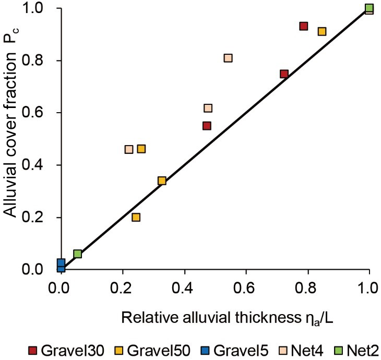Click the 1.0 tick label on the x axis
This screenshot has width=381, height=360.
[x=369, y=287]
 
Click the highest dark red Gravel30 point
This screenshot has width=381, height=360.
[x=304, y=26]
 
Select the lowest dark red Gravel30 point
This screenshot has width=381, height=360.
[x=207, y=126]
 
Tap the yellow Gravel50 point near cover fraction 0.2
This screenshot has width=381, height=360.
[x=136, y=217]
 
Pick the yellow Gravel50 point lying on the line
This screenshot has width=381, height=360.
[x=162, y=181]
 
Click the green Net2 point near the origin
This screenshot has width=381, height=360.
[x=78, y=254]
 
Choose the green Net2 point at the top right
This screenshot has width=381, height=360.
[x=370, y=8]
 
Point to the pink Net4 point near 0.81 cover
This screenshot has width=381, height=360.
[x=228, y=58]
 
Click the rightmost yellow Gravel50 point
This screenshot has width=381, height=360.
[x=322, y=31]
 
